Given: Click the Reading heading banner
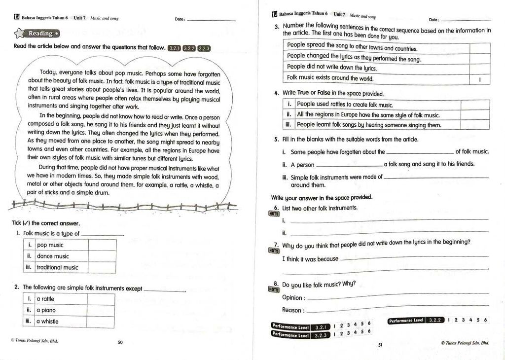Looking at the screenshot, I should pos(37,34).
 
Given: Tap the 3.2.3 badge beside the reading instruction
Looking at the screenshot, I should pos(204,48).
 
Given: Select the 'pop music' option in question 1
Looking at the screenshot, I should pos(50,245).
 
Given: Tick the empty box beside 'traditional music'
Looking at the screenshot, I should pos(102,267).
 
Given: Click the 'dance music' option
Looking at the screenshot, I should pos(53,256).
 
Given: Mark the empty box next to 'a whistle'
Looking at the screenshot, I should pos(101,321).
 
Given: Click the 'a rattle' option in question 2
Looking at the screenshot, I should pos(45,299).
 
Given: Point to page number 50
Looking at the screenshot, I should pos(120,342).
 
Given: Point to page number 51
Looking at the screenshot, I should pos(380,345).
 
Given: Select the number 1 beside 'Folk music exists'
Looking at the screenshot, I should pos(480,79).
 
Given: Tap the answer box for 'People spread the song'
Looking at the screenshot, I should pos(480,48).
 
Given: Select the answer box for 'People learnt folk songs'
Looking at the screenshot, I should pos(474,125).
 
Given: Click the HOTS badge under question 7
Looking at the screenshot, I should pos(274,251).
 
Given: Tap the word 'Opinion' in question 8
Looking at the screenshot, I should pos(292,297).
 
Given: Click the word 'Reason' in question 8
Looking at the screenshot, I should pos(292,310).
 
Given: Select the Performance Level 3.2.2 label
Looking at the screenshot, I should pos(416,320).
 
